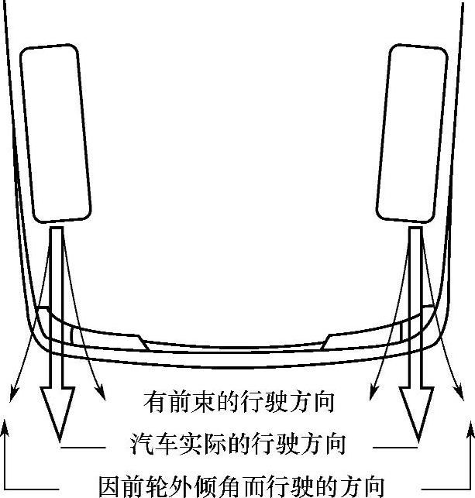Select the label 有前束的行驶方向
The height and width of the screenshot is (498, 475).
(239, 402)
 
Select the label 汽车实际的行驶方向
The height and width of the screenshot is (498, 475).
(238, 445)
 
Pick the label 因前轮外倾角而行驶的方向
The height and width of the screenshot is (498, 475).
(241, 485)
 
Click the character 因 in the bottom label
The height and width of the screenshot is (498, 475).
(110, 485)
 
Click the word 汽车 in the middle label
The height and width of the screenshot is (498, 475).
(153, 445)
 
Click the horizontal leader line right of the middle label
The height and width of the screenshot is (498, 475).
(396, 448)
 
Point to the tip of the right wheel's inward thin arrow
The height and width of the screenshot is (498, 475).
(370, 390)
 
